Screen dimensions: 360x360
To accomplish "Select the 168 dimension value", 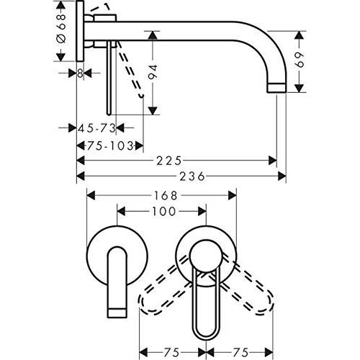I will [x=161, y=194].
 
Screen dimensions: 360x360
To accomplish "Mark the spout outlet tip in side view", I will [x=276, y=87].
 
